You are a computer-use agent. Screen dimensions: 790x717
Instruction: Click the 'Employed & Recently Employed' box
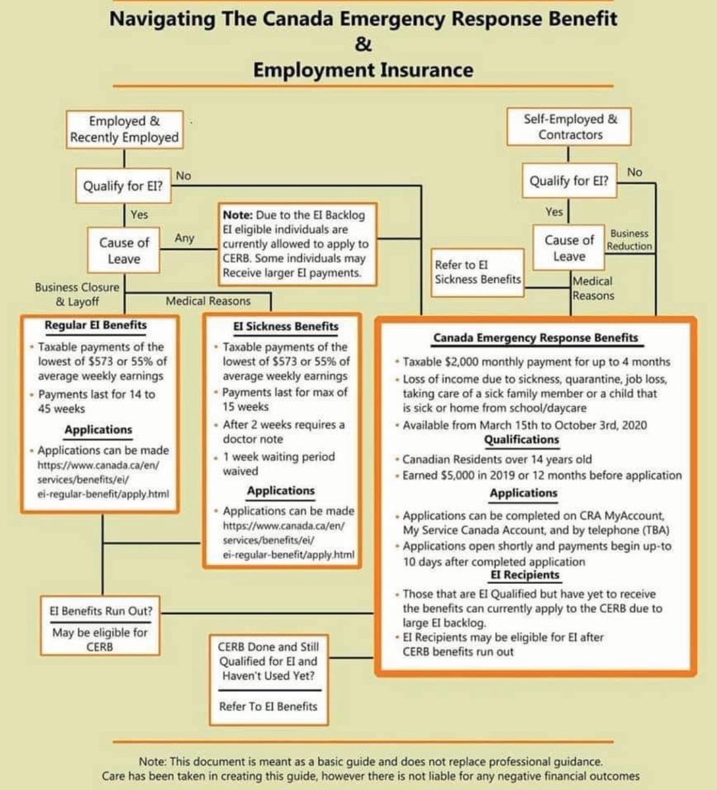(124, 129)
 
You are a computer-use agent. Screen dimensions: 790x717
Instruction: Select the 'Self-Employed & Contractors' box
(570, 127)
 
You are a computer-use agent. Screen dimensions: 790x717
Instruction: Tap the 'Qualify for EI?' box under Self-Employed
(570, 181)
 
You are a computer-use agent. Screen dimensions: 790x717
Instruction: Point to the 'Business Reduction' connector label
(629, 240)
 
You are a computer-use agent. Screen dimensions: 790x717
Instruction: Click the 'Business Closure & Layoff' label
(77, 294)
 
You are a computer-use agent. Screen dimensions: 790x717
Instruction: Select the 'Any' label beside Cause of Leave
(184, 238)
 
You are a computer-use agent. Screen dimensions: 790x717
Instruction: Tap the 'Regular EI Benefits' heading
(95, 325)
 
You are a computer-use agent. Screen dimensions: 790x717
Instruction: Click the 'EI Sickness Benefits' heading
(286, 326)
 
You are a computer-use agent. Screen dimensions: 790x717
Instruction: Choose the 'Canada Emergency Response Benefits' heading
(535, 338)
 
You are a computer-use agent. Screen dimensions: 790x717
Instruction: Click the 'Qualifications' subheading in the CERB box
(521, 440)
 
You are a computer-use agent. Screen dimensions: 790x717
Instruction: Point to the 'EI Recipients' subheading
(524, 575)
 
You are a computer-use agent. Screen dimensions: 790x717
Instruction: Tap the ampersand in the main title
(363, 45)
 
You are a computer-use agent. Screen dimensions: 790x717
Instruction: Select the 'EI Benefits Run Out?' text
(101, 610)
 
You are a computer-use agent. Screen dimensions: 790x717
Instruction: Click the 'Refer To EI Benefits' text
(268, 706)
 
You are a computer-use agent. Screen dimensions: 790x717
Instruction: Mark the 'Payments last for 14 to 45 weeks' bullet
(96, 401)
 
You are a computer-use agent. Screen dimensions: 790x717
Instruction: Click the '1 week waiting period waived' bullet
(279, 463)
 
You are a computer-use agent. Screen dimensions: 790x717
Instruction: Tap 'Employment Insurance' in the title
(363, 69)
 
